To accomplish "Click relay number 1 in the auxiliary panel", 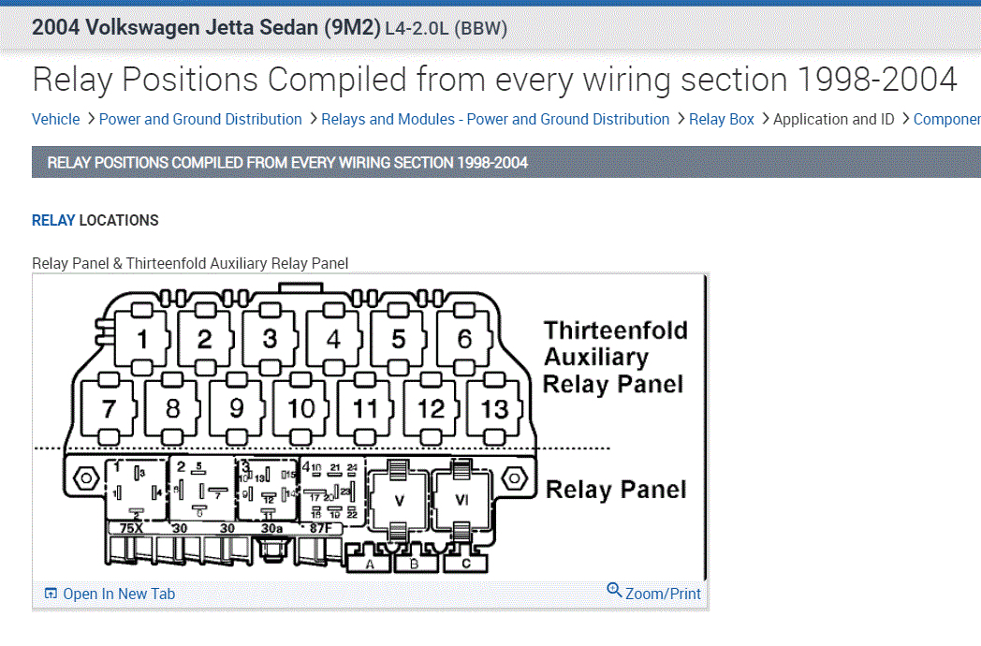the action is point(142,338).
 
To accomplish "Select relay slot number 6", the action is point(464,338).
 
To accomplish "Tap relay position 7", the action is point(110,408).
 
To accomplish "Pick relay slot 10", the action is point(300,408).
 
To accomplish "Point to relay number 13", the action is point(494,408).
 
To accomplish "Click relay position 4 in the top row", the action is point(334,338).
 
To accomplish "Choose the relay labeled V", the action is point(398,501).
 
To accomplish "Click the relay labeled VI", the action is point(461,501).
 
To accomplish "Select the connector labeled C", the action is point(465,565).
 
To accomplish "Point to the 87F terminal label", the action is point(320,528).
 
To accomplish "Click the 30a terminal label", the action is point(271,528).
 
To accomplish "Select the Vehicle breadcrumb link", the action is point(55,119).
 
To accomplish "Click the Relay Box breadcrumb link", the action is point(721,119).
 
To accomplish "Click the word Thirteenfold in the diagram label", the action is point(615,330).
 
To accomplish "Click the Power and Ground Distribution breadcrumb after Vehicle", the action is point(200,119).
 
